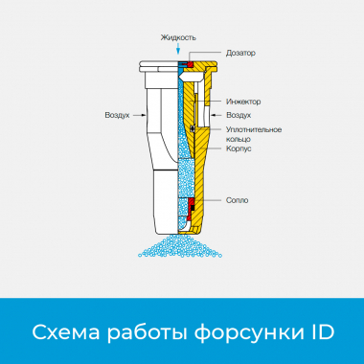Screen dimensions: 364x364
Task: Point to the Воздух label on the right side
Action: [x=239, y=115]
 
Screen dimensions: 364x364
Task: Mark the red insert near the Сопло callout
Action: [x=192, y=203]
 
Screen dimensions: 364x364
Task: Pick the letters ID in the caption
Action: [x=320, y=332]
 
